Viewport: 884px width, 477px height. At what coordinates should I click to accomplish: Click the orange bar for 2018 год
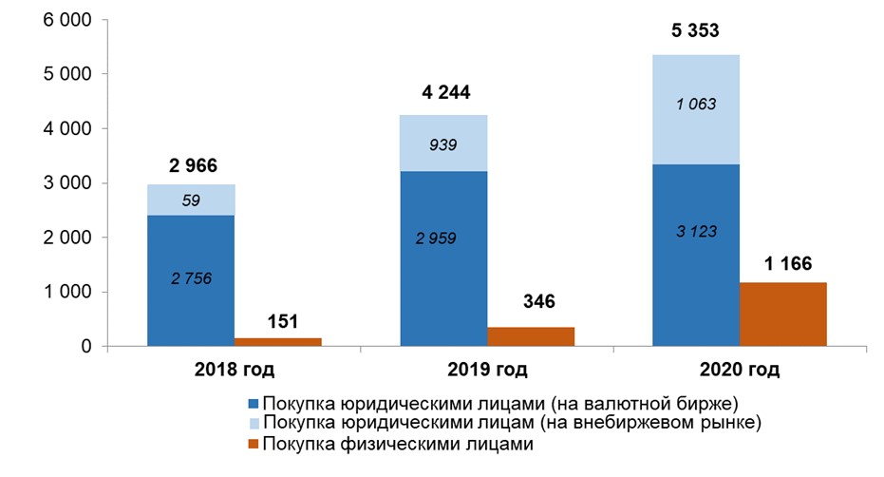(x=278, y=341)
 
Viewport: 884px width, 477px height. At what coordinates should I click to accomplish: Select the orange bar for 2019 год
(x=531, y=336)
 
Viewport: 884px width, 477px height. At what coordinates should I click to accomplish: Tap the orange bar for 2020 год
(x=783, y=315)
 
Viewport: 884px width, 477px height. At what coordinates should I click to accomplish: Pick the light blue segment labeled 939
(x=444, y=144)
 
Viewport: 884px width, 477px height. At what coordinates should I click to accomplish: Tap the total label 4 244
(x=444, y=92)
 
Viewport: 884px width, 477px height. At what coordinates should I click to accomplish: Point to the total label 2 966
(x=193, y=165)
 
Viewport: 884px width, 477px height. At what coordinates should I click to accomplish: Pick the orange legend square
(x=253, y=442)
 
